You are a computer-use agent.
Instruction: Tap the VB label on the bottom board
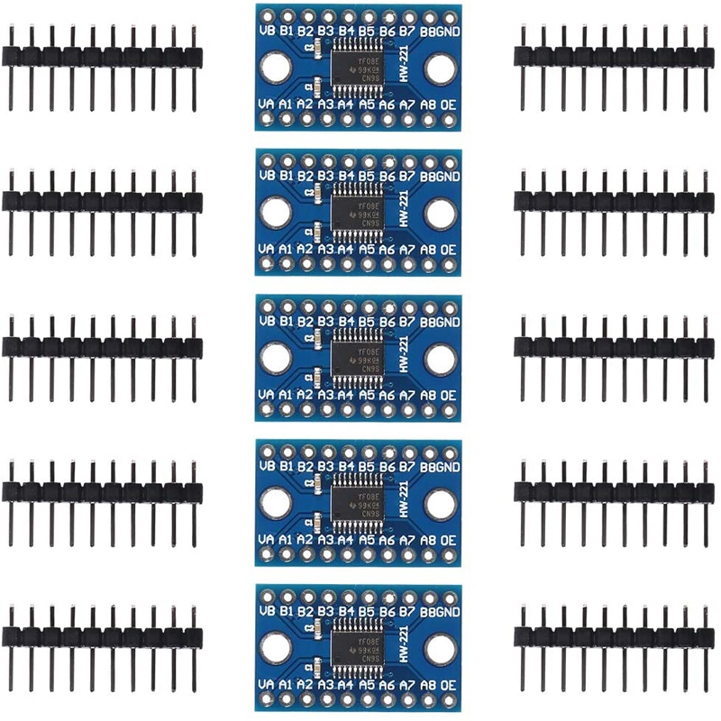[x=266, y=611]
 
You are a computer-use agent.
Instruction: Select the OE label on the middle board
[x=448, y=395]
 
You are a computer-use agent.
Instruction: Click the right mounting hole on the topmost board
[x=441, y=68]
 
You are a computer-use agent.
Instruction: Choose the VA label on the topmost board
[x=266, y=104]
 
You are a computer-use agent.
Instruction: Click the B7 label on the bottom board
[x=407, y=611]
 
